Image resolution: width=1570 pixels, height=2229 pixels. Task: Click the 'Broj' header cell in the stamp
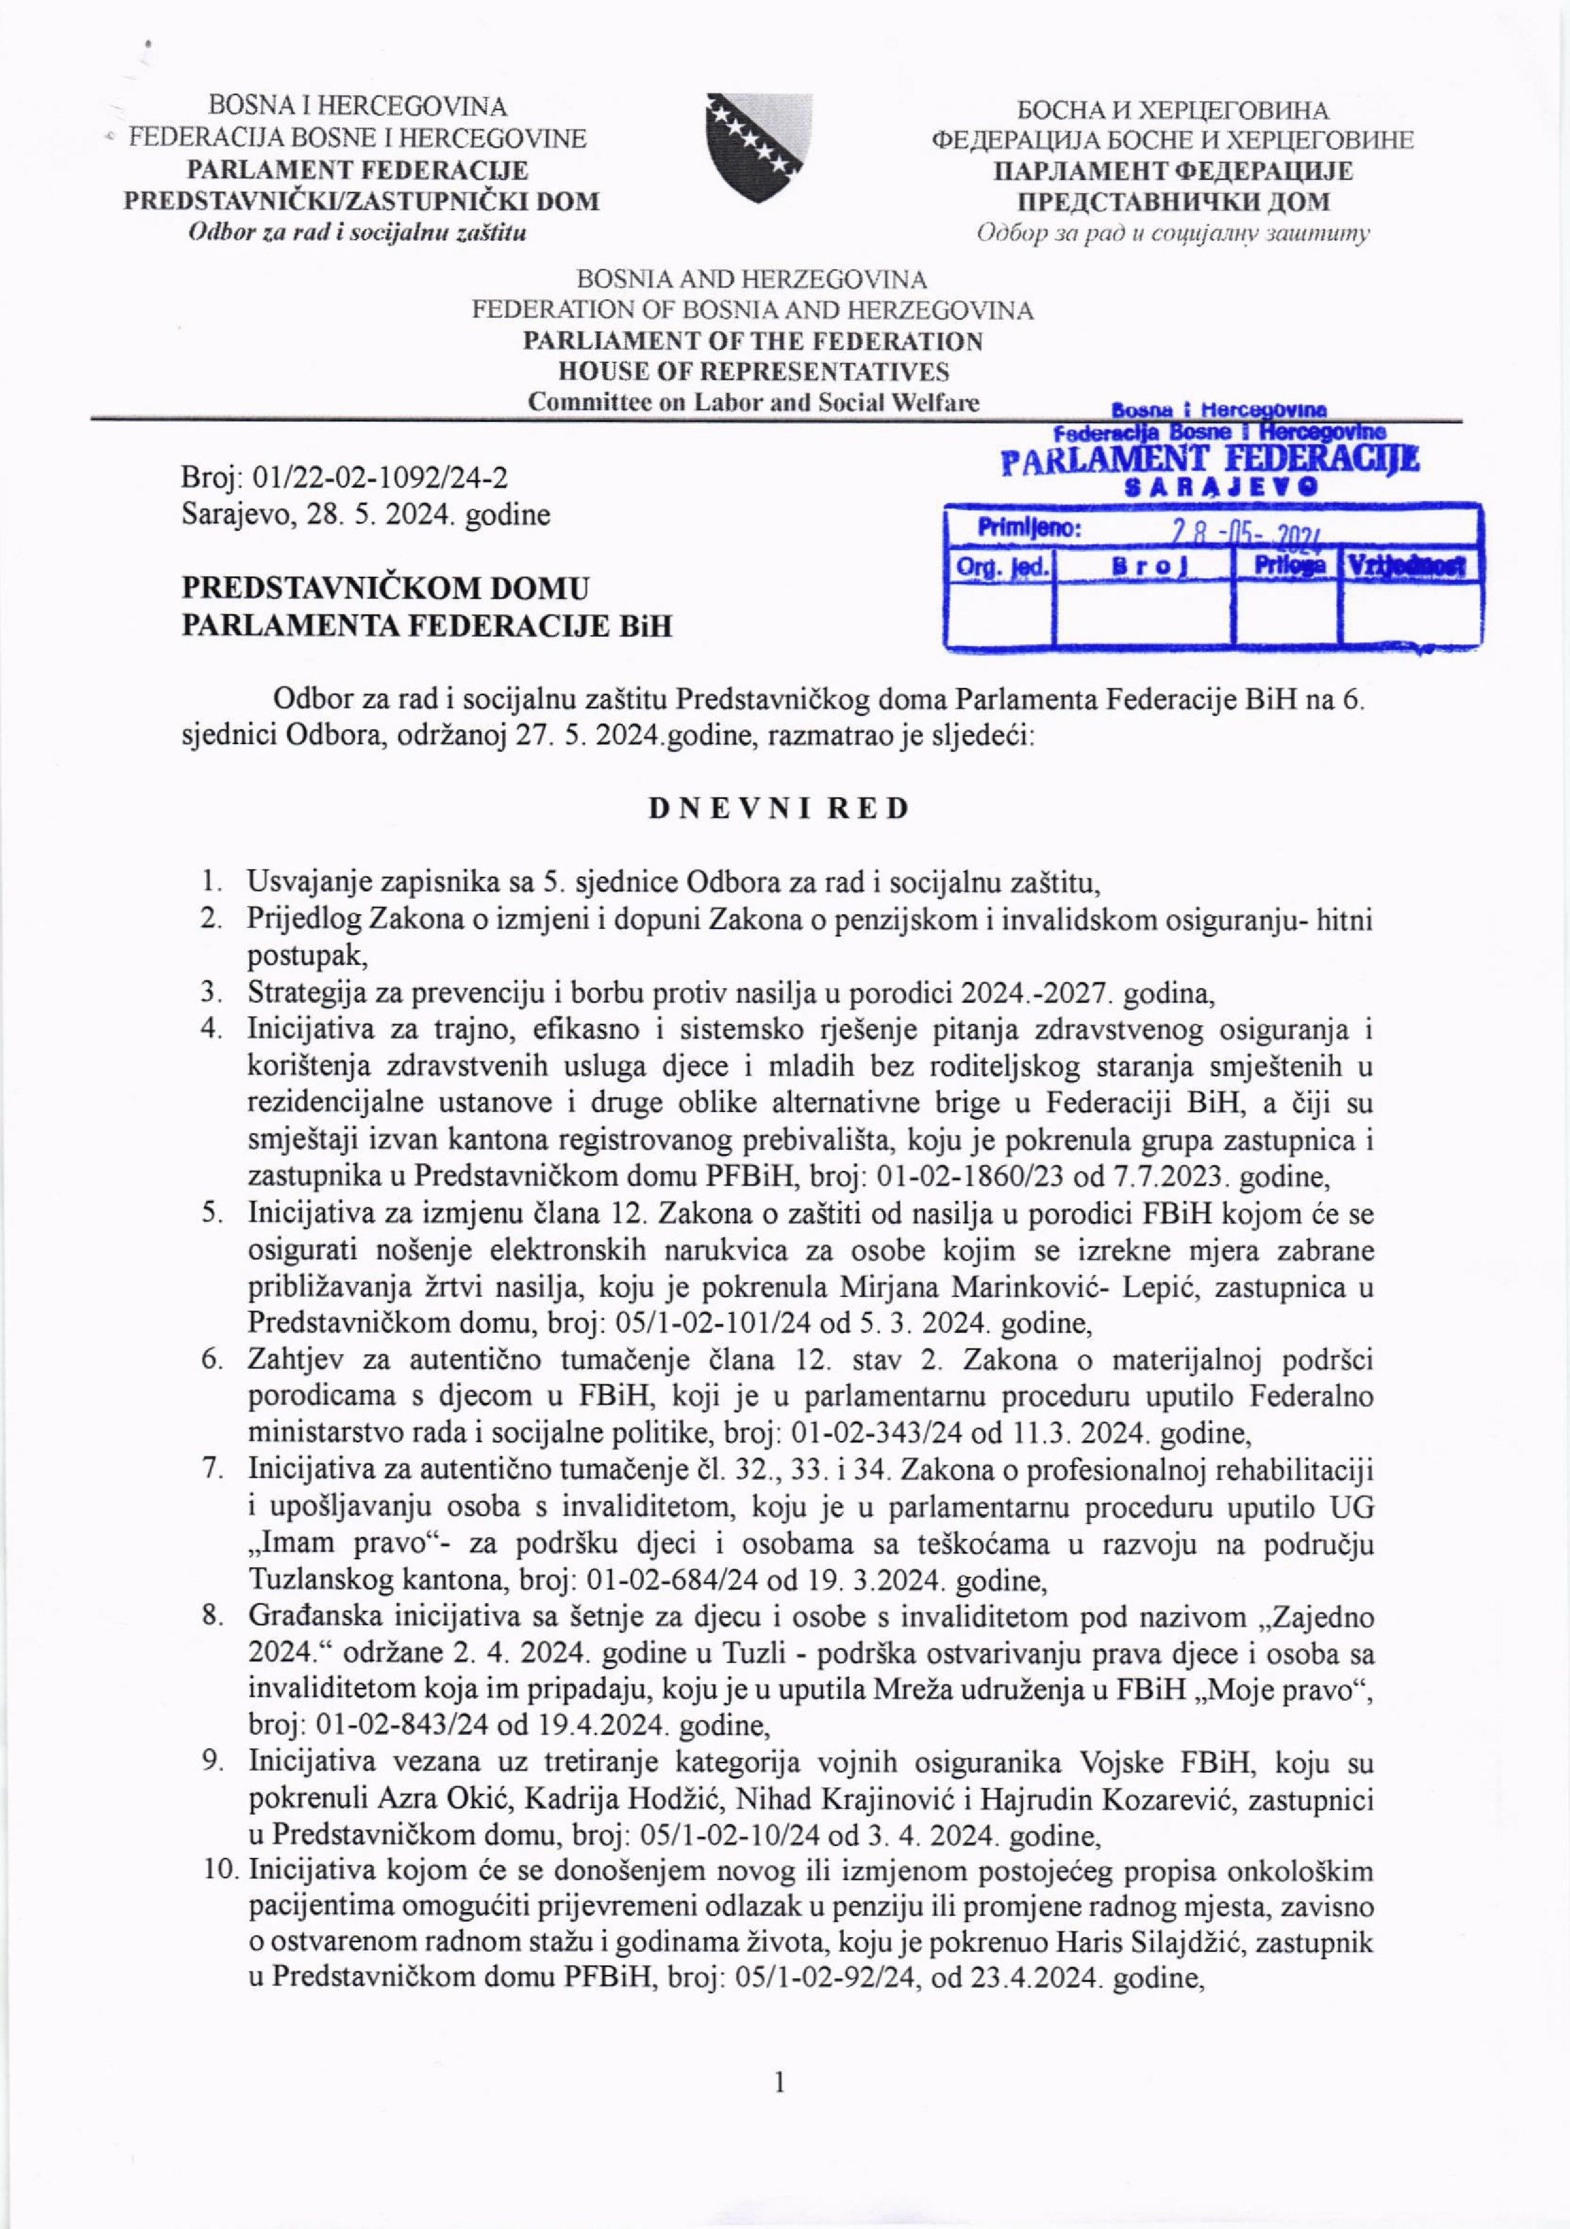[1144, 567]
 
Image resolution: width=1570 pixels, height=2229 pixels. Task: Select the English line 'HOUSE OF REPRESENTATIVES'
[754, 372]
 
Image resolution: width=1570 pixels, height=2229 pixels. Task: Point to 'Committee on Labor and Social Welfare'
[754, 402]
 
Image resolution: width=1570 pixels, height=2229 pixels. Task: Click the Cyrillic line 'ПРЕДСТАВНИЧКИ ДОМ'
[1173, 202]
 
